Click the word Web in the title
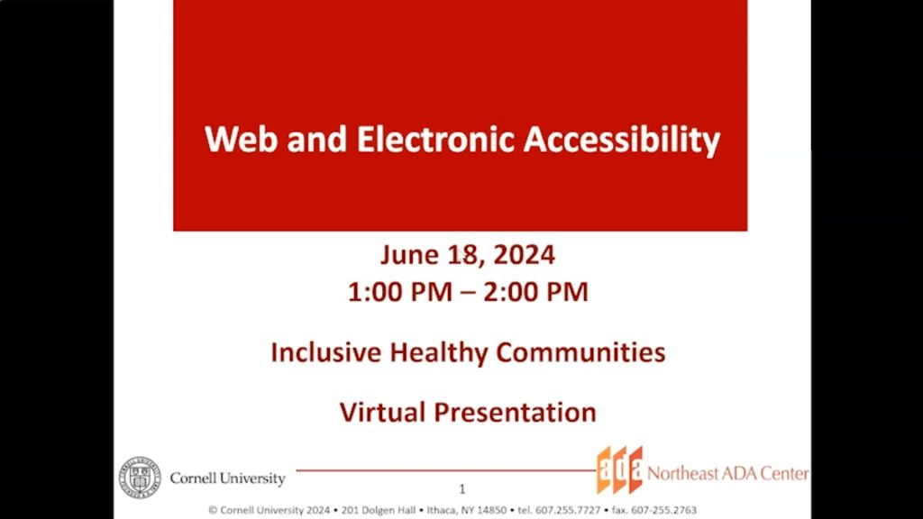pyautogui.click(x=237, y=140)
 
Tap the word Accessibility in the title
pyautogui.click(x=622, y=140)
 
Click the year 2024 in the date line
pyautogui.click(x=524, y=256)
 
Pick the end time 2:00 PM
pyautogui.click(x=539, y=292)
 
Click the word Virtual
pyautogui.click(x=383, y=412)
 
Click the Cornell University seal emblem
pyautogui.click(x=140, y=477)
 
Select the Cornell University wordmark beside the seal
pyautogui.click(x=227, y=478)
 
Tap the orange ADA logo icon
pyautogui.click(x=619, y=470)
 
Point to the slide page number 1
pyautogui.click(x=462, y=490)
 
